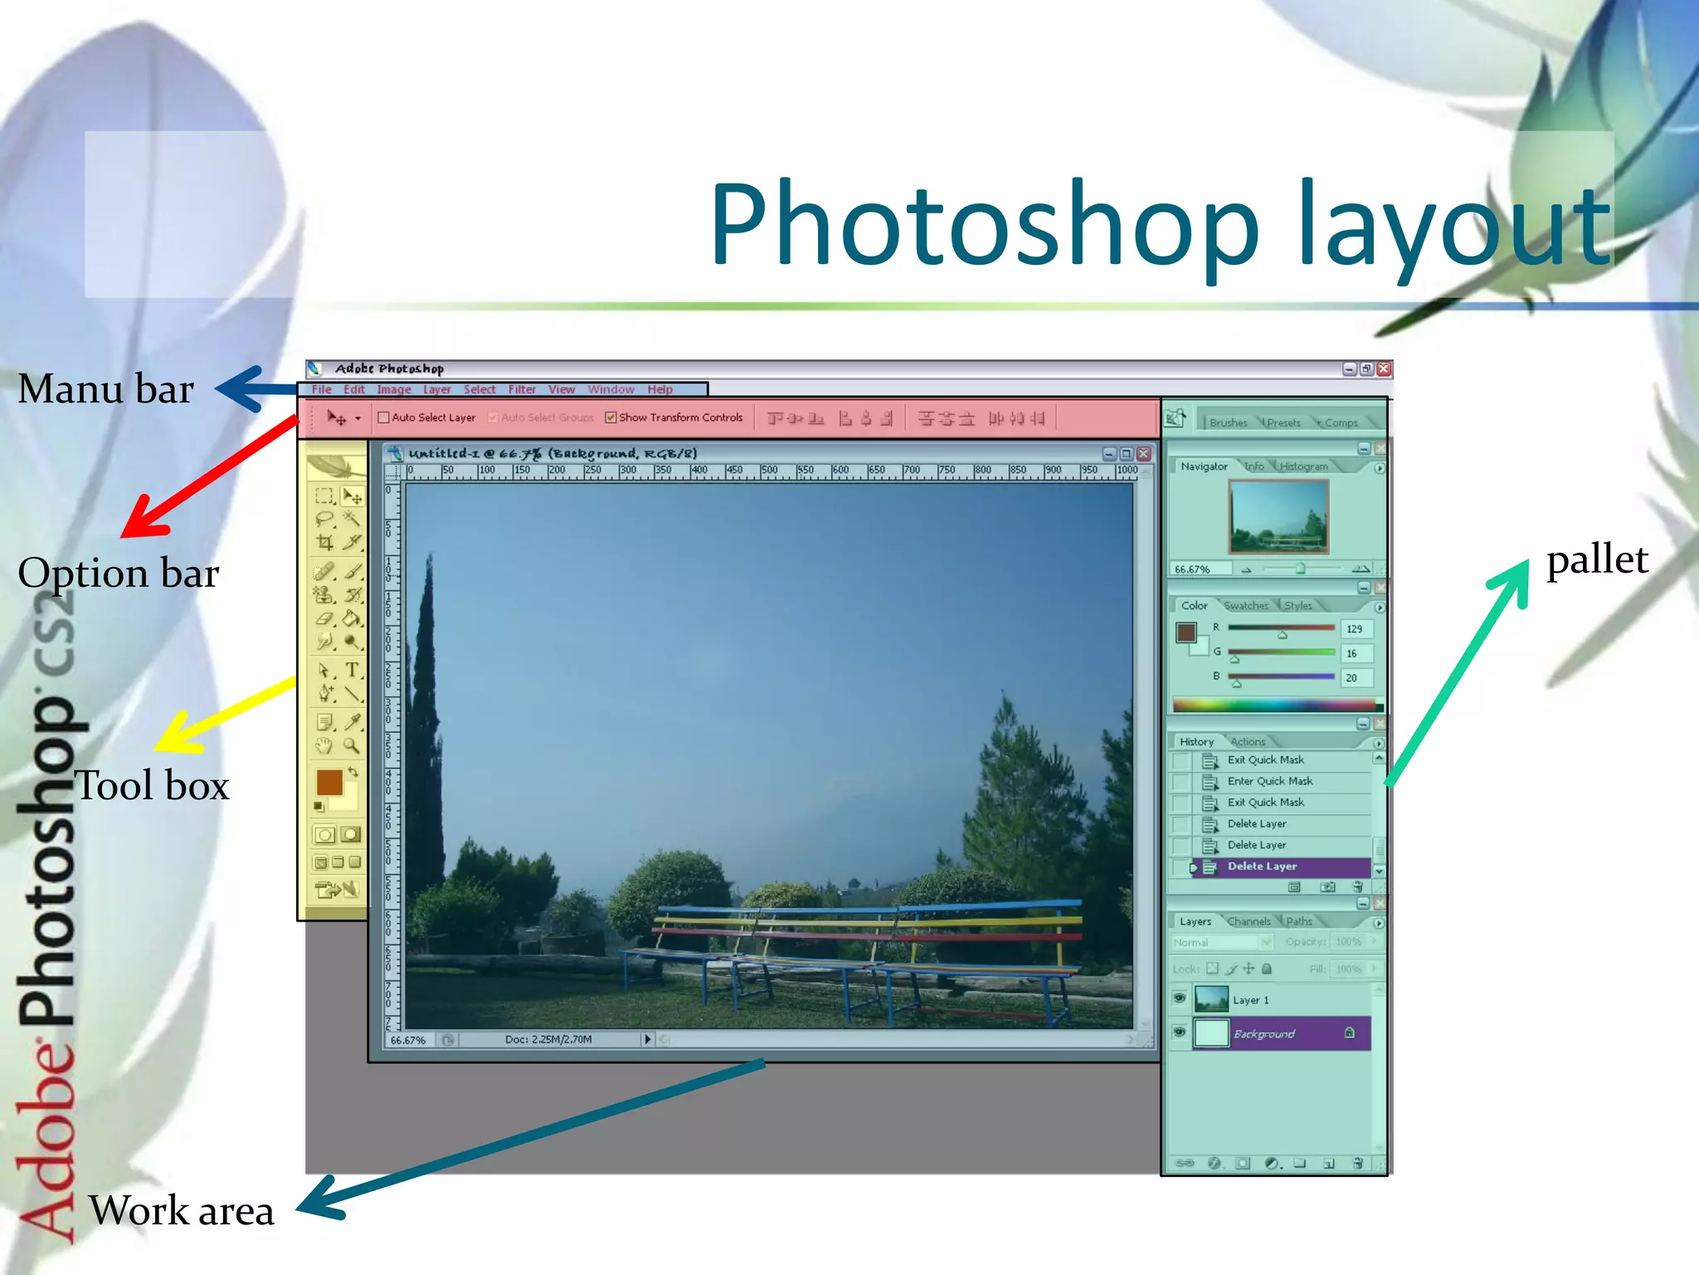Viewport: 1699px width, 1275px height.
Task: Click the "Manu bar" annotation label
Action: [x=106, y=389]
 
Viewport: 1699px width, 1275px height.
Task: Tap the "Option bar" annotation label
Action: [x=119, y=574]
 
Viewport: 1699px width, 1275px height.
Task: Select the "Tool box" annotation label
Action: [x=152, y=786]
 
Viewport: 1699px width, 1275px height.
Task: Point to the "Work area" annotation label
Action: [x=181, y=1211]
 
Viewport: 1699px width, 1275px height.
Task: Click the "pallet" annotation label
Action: [x=1597, y=560]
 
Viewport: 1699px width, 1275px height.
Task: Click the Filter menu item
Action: [x=522, y=389]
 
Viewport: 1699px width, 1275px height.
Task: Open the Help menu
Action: [x=660, y=389]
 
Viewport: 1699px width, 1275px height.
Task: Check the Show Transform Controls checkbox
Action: [x=611, y=418]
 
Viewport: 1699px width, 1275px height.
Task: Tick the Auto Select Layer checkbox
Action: [x=383, y=418]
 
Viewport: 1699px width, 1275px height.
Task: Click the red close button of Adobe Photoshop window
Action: [x=1383, y=369]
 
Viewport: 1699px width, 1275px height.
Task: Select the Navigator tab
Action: [x=1204, y=467]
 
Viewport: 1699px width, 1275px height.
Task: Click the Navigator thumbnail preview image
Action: [x=1278, y=516]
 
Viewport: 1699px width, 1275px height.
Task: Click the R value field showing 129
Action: [x=1356, y=629]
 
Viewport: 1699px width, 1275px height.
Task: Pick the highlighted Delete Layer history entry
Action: [x=1262, y=867]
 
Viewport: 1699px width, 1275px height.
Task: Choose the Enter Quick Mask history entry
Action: [x=1269, y=781]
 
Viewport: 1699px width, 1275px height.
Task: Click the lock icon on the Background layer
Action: [x=1350, y=1033]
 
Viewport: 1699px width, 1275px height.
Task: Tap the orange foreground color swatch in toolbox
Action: [x=329, y=782]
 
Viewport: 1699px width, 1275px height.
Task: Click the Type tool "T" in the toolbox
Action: [x=353, y=670]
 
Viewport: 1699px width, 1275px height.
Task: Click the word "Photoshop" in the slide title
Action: [x=986, y=225]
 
